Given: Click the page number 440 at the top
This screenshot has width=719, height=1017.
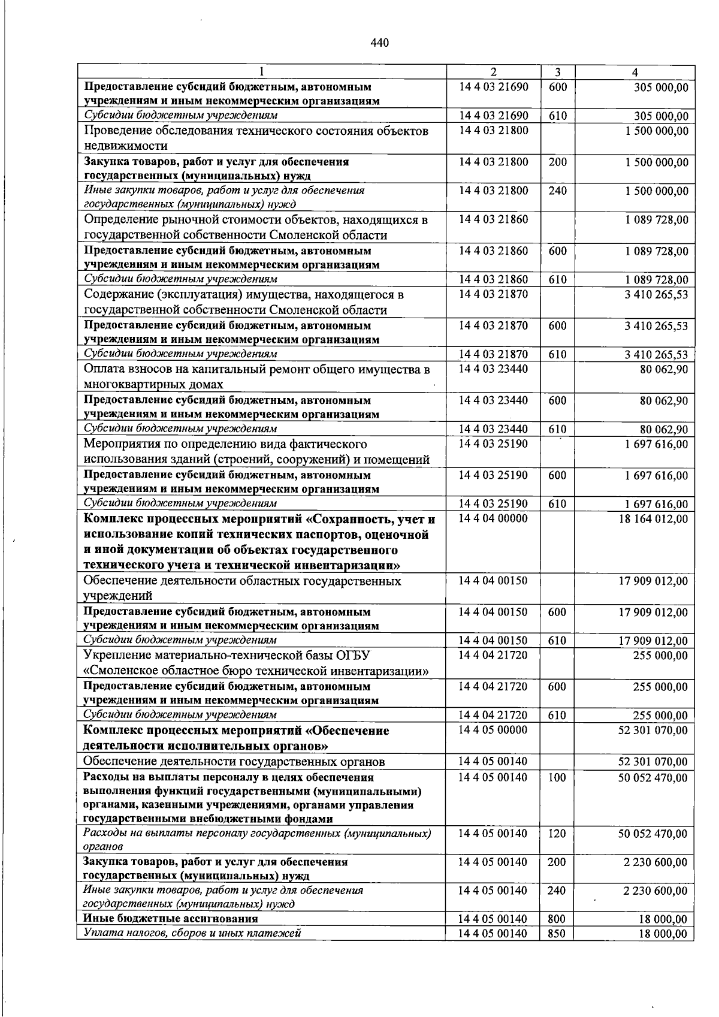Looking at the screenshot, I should tap(380, 43).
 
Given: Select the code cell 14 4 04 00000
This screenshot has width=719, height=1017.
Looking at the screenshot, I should tap(493, 518).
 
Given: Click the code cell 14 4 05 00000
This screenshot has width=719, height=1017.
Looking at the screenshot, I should tap(493, 730).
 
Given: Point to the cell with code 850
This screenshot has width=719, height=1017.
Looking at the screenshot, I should tap(557, 933).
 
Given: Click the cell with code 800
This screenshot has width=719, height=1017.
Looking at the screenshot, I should tap(557, 919).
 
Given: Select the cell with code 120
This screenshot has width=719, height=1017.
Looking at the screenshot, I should tap(557, 833).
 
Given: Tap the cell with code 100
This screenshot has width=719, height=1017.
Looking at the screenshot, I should tap(557, 777).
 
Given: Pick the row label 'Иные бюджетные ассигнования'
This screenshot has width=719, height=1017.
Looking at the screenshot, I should tap(171, 919).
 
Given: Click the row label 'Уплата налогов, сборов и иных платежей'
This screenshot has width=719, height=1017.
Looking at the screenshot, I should tap(192, 933).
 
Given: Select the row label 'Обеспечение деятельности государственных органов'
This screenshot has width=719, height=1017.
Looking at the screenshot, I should tap(234, 762).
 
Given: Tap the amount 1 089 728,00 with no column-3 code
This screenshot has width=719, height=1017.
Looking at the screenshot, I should tap(657, 220).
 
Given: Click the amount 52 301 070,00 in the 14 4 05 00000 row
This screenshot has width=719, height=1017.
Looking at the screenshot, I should tap(653, 731).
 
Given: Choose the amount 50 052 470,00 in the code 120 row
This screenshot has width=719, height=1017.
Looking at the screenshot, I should tap(653, 834).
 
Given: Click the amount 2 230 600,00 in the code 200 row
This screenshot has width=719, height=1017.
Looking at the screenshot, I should tap(655, 862).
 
